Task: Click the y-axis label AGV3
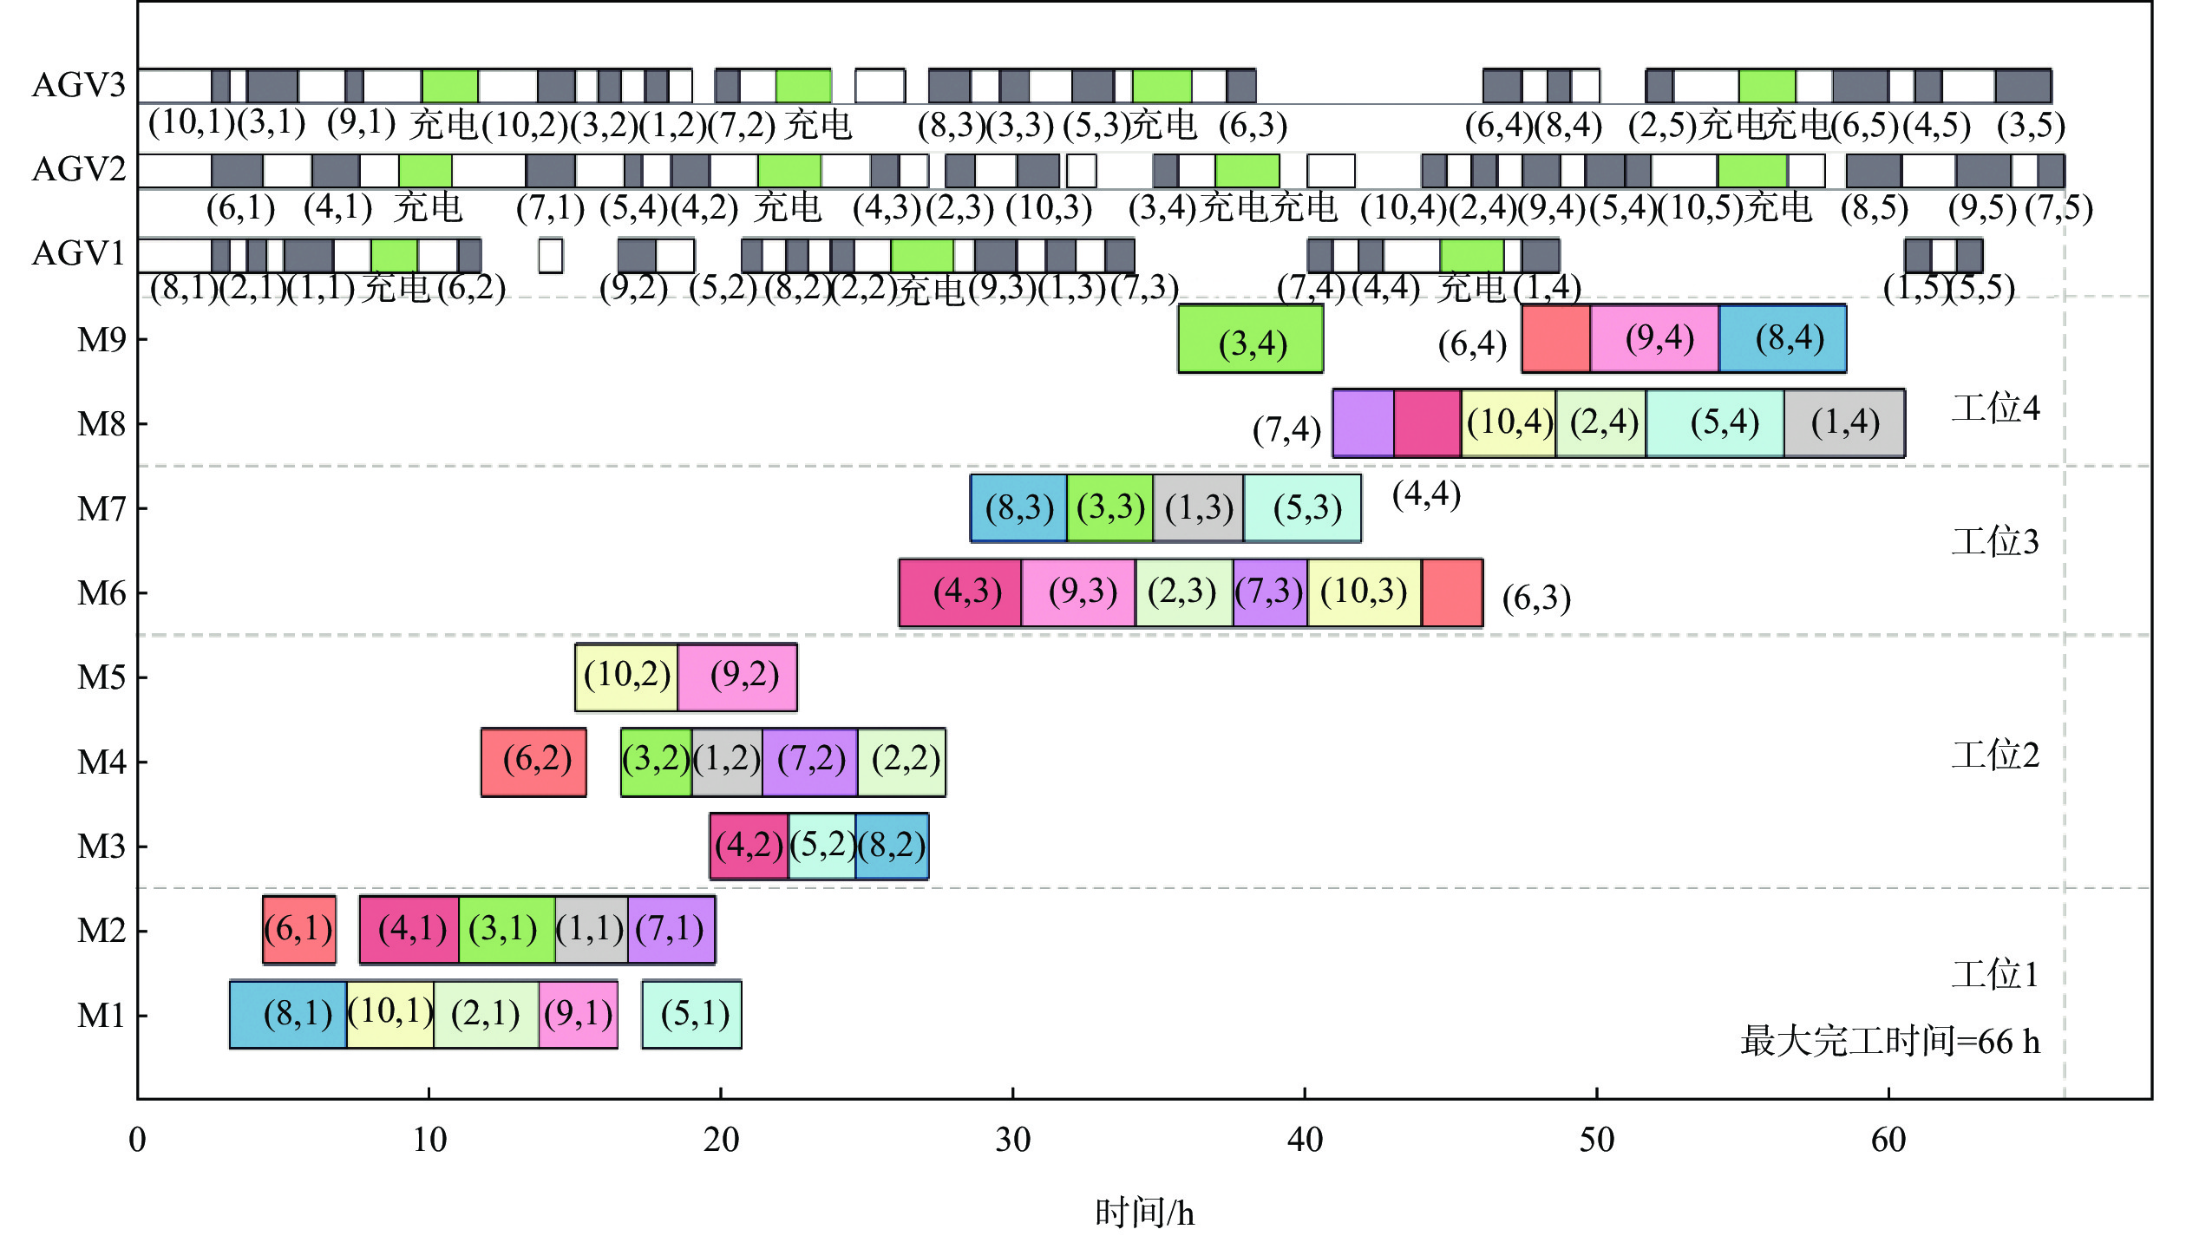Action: (78, 85)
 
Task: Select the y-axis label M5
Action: (101, 677)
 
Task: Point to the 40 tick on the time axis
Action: (1305, 1139)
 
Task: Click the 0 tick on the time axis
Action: (137, 1139)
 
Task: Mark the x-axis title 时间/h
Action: (1144, 1212)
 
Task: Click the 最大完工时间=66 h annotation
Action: (1889, 1041)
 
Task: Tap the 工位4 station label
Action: (1995, 408)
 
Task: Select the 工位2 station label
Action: (1995, 755)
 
